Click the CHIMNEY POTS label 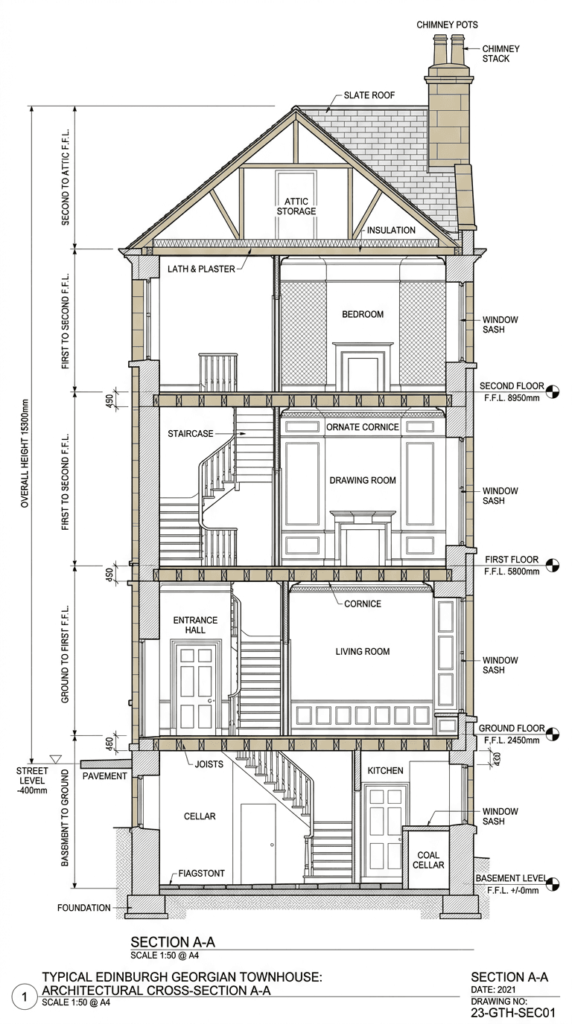point(447,25)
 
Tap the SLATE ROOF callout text point(369,96)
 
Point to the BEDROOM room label point(363,314)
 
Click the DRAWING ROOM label point(363,480)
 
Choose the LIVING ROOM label point(363,651)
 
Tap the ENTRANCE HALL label point(195,625)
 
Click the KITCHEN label point(385,770)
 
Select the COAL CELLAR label point(430,860)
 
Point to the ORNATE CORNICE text point(363,427)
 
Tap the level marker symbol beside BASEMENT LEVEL point(553,883)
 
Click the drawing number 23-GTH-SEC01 point(513,1012)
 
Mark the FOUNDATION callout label point(83,907)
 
